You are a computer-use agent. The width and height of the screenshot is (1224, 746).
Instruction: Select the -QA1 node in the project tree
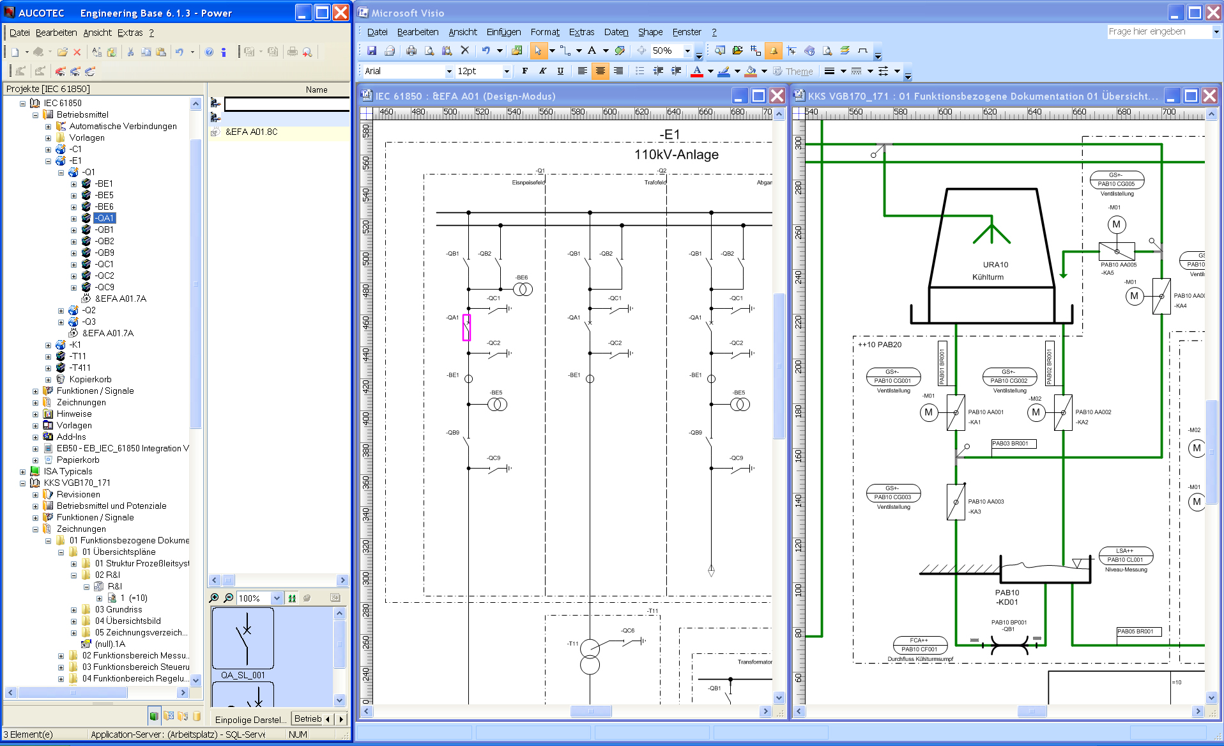(105, 218)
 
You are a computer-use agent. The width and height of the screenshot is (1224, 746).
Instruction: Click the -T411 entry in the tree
(80, 368)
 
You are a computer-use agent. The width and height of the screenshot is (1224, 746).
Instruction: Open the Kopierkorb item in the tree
(90, 379)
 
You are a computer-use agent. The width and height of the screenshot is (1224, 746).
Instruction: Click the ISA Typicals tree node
(68, 471)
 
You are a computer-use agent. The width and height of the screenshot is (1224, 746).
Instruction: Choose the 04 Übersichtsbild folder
(128, 621)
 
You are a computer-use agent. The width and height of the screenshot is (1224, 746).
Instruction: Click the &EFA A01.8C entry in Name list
(251, 132)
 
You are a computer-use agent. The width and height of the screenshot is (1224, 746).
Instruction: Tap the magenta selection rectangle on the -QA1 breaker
(466, 327)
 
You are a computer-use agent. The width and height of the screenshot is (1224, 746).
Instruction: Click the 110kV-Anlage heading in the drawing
(676, 155)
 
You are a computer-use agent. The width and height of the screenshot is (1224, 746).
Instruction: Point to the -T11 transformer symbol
(590, 657)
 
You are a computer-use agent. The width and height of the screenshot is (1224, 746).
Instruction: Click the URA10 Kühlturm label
(988, 271)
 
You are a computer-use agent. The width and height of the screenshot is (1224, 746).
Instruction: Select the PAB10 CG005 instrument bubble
(1116, 180)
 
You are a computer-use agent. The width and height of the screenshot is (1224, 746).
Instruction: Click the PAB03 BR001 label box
(1014, 444)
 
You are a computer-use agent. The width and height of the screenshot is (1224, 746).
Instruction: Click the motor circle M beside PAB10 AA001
(929, 412)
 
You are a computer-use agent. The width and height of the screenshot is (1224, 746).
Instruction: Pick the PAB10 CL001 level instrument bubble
(1125, 556)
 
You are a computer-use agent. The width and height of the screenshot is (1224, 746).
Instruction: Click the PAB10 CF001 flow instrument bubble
(919, 644)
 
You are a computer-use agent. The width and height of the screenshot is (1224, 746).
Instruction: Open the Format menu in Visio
(544, 32)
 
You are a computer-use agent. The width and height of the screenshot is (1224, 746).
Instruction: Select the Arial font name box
(404, 71)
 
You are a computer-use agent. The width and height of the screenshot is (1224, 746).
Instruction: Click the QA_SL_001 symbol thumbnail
(243, 639)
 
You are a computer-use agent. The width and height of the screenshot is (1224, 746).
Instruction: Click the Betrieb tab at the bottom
(308, 719)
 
